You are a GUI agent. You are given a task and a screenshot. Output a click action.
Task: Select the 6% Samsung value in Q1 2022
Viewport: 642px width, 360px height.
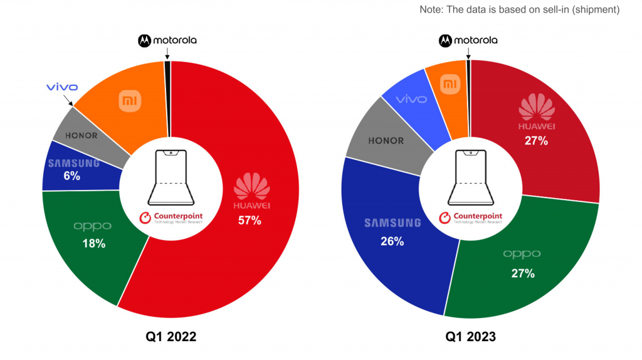[x=71, y=176]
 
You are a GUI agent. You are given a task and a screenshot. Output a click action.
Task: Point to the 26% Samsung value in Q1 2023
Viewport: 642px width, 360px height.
[x=392, y=241]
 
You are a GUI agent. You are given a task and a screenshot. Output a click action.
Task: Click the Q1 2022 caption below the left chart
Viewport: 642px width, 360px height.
[x=171, y=337]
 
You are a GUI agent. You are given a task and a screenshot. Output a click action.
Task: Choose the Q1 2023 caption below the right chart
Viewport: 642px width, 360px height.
[x=470, y=337]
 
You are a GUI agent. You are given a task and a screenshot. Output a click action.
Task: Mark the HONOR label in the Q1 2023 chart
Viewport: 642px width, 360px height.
[x=386, y=140]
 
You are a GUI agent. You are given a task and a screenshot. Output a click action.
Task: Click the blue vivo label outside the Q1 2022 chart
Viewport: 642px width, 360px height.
[x=61, y=87]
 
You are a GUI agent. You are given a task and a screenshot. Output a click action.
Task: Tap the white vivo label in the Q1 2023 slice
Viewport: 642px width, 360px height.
[x=411, y=99]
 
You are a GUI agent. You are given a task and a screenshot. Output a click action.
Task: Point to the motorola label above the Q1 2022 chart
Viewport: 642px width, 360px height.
[x=167, y=40]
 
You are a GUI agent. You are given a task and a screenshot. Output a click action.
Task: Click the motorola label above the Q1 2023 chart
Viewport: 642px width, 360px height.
[x=468, y=40]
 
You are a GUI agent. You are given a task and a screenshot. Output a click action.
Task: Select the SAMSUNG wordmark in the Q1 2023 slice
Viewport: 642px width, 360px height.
[x=392, y=223]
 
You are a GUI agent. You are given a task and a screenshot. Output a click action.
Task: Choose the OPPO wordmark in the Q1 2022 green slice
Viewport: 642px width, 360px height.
[x=93, y=226]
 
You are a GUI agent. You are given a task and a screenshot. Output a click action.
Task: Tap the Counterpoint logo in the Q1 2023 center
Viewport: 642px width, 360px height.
[x=470, y=218]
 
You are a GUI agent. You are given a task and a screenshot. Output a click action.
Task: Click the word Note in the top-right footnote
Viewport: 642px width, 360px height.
[x=431, y=9]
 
